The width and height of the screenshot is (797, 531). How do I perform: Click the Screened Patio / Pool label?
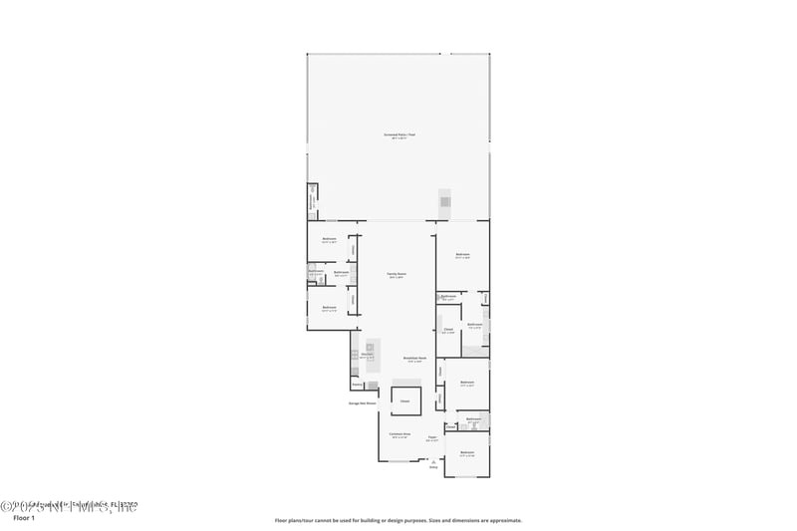[x=398, y=134]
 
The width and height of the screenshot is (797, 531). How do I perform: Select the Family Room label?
[x=396, y=274]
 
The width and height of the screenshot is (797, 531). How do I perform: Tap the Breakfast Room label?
[x=414, y=358]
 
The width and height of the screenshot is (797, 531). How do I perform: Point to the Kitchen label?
[x=366, y=355]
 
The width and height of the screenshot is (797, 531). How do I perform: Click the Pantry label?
[x=357, y=385]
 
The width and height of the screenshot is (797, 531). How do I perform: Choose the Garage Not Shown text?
[x=362, y=403]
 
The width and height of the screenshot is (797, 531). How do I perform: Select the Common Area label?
[x=398, y=434]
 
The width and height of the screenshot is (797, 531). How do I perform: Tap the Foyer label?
[x=432, y=436]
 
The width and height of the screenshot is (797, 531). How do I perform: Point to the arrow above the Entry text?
[x=433, y=459]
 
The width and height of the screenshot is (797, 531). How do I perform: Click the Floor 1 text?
[x=23, y=518]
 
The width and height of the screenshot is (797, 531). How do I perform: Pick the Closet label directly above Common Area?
[x=404, y=400]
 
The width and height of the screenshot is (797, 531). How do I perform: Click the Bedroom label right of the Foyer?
[x=466, y=453]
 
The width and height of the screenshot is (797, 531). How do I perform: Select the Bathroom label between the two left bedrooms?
[x=341, y=272]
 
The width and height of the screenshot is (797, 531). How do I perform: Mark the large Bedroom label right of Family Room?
[x=462, y=255]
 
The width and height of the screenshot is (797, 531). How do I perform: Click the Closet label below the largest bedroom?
[x=448, y=330]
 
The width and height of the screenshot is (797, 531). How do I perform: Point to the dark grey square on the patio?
[x=445, y=202]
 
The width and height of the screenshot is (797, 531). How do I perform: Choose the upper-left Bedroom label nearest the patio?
[x=329, y=239]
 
